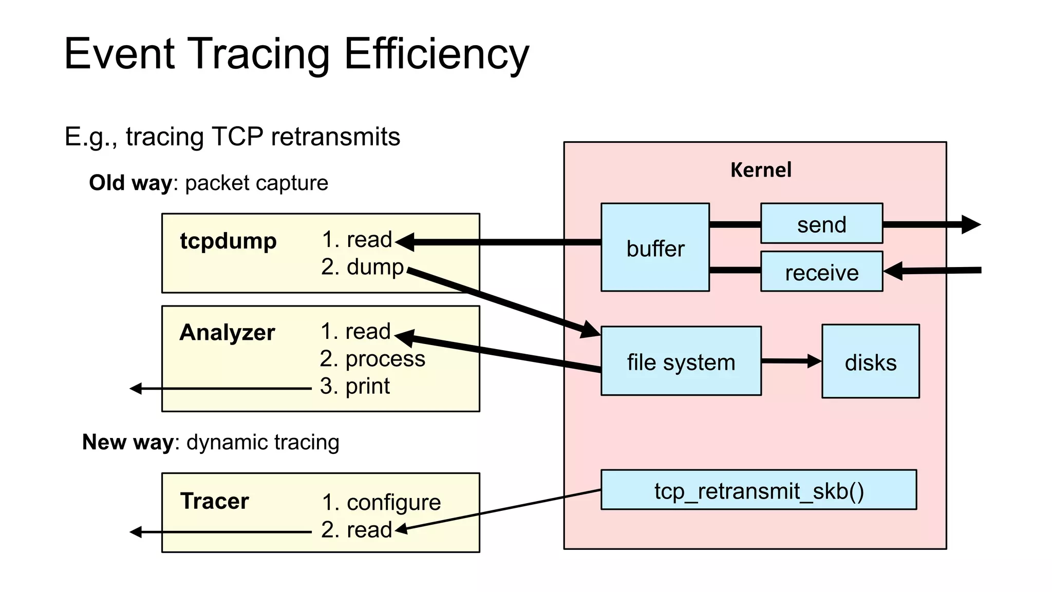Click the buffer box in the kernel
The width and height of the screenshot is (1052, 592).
[x=655, y=247]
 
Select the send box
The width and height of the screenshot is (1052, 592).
[x=821, y=224]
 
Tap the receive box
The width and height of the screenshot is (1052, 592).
[x=821, y=272]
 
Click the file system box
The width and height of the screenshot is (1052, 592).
[x=681, y=361]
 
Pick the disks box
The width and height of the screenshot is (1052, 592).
[x=870, y=361]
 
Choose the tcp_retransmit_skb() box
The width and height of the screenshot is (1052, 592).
[x=758, y=490]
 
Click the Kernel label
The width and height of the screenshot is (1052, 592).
[x=760, y=169]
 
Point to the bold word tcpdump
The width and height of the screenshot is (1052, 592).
[x=228, y=240]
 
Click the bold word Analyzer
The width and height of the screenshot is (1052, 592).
[x=227, y=332]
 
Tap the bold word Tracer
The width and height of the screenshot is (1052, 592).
[x=214, y=501]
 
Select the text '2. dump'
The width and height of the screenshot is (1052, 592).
[x=363, y=266]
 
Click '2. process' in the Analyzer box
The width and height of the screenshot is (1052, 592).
[x=372, y=358]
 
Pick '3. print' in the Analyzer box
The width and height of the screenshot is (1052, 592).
[x=355, y=386]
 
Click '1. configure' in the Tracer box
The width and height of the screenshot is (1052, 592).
[x=381, y=502]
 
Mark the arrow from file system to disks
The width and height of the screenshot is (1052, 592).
[x=791, y=361]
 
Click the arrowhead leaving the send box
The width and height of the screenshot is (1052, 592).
[x=970, y=224]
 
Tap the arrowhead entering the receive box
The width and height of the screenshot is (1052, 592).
[x=894, y=271]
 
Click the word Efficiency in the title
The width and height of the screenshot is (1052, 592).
[x=436, y=53]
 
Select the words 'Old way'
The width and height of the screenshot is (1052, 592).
[x=130, y=183]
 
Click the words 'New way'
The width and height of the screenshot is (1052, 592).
[x=128, y=442]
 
